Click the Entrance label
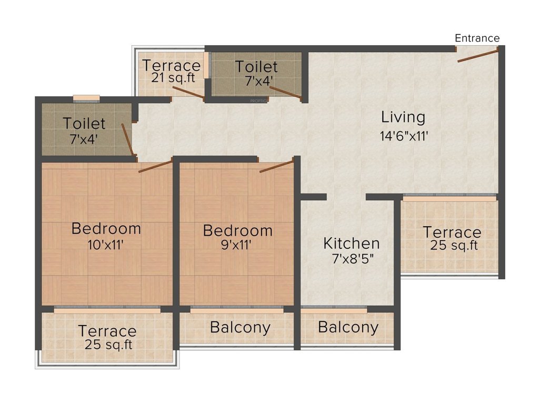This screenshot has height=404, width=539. coord(477,38)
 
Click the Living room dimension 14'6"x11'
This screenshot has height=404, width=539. coord(404,136)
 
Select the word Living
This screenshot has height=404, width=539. coord(403,117)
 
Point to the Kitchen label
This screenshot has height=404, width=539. coord(351,244)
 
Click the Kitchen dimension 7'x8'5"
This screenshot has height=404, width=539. coord(351,259)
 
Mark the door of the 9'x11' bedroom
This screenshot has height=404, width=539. coord(276,166)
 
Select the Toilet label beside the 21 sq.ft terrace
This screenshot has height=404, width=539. coord(256,67)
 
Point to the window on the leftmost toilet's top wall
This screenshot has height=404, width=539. coord(86,97)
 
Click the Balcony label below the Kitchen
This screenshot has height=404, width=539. coord(348,328)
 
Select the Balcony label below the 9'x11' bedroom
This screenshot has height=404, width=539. coord(240,328)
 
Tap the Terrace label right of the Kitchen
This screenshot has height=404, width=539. coord(452,232)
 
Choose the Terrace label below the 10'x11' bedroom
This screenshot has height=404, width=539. coord(107,331)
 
